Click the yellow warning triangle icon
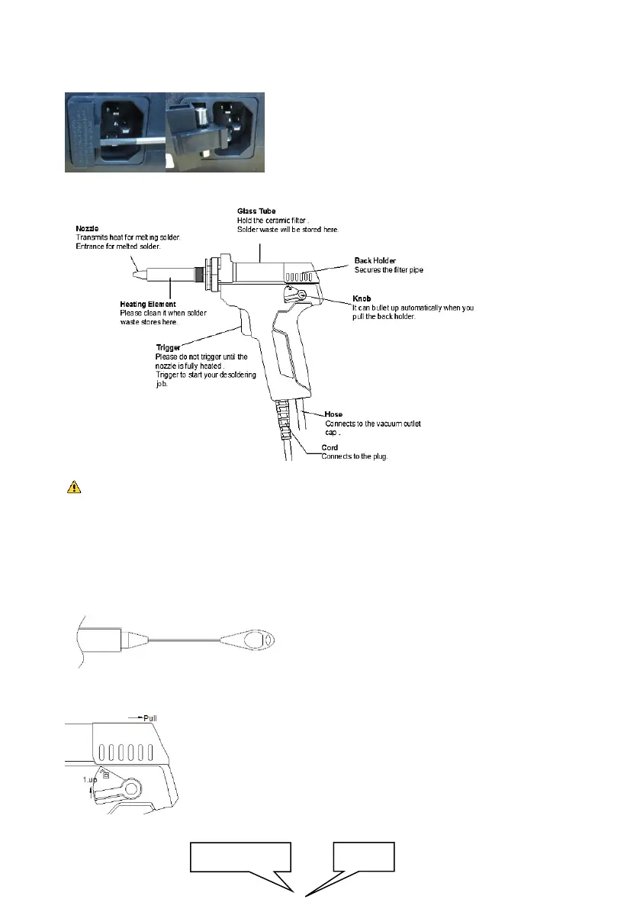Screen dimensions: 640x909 click(x=69, y=487)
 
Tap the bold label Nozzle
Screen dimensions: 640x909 click(x=87, y=227)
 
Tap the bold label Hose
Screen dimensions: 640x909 click(x=333, y=414)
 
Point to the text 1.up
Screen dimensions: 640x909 click(x=91, y=780)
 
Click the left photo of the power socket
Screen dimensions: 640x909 click(x=114, y=132)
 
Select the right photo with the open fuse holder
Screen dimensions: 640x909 click(x=215, y=132)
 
